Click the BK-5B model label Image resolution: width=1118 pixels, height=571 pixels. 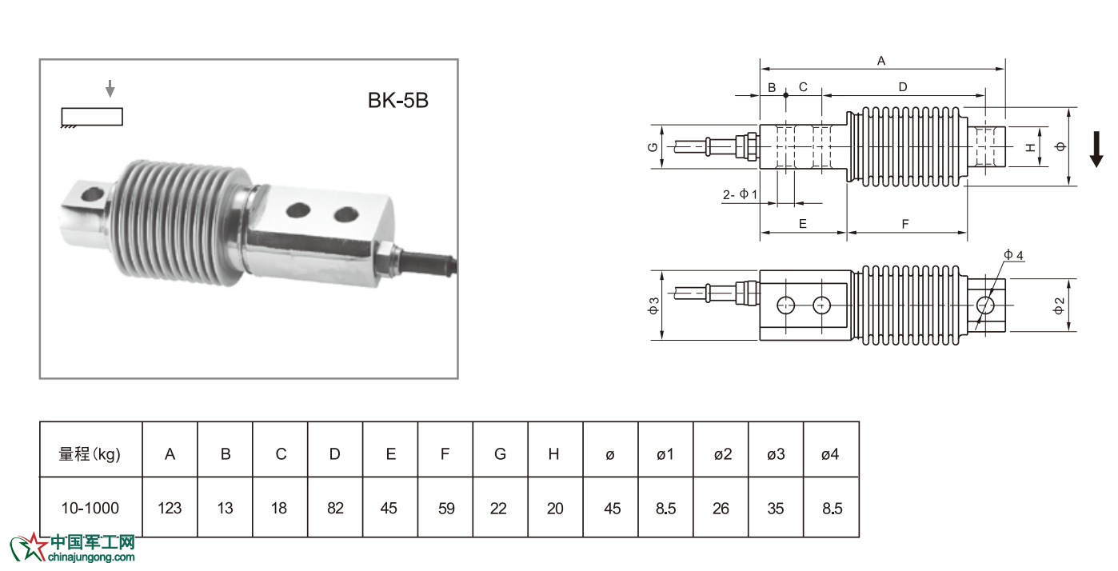[x=398, y=101]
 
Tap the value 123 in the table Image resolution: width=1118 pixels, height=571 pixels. [x=170, y=508]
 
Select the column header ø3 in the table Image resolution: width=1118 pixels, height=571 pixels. [x=775, y=454]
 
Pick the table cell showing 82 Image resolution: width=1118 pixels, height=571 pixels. [x=335, y=508]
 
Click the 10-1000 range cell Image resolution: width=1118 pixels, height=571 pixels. [x=90, y=508]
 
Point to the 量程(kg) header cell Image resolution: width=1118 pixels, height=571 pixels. [x=90, y=454]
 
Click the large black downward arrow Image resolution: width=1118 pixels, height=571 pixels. [x=1096, y=150]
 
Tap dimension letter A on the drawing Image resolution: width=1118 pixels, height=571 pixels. [x=881, y=61]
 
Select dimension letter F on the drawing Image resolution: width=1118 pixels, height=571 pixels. [x=905, y=225]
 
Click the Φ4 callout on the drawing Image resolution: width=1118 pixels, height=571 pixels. [x=1014, y=255]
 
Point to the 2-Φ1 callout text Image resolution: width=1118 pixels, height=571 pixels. [x=740, y=194]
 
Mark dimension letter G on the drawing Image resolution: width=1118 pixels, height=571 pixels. [x=653, y=147]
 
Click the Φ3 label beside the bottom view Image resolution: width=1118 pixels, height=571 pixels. [x=653, y=305]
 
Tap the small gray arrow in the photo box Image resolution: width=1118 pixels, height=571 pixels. [x=110, y=89]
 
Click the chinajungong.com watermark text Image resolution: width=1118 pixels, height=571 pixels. [x=92, y=557]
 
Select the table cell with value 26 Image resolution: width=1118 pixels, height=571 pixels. [x=721, y=508]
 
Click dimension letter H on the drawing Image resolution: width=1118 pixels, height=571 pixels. [x=1032, y=147]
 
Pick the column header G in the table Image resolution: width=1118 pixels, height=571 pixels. [x=500, y=454]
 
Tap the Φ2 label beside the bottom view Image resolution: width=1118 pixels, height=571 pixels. [x=1060, y=305]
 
